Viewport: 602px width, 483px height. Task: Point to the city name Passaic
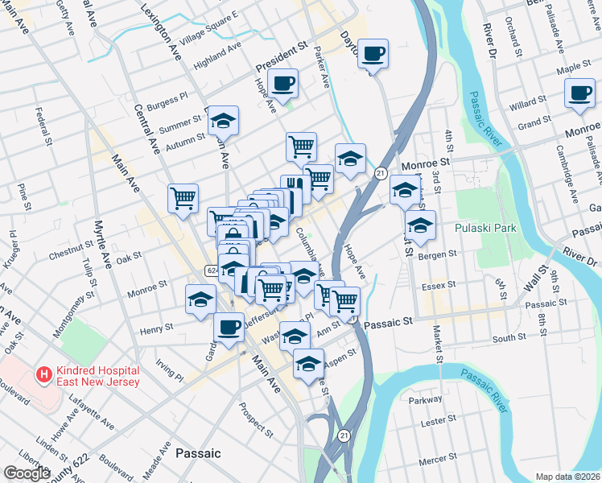coord(198,453)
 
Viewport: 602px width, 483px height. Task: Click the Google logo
coord(27,473)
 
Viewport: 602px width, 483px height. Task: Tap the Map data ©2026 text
coord(568,477)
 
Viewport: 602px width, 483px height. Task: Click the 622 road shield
coord(210,270)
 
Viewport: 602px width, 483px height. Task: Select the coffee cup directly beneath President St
coord(283,83)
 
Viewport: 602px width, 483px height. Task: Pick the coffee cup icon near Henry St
coord(229,327)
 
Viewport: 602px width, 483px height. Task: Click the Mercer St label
coord(438,460)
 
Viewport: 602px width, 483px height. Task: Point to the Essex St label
coord(439,284)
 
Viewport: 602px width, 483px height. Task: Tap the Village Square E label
coord(209,30)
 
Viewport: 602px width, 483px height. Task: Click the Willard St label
coord(527,103)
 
